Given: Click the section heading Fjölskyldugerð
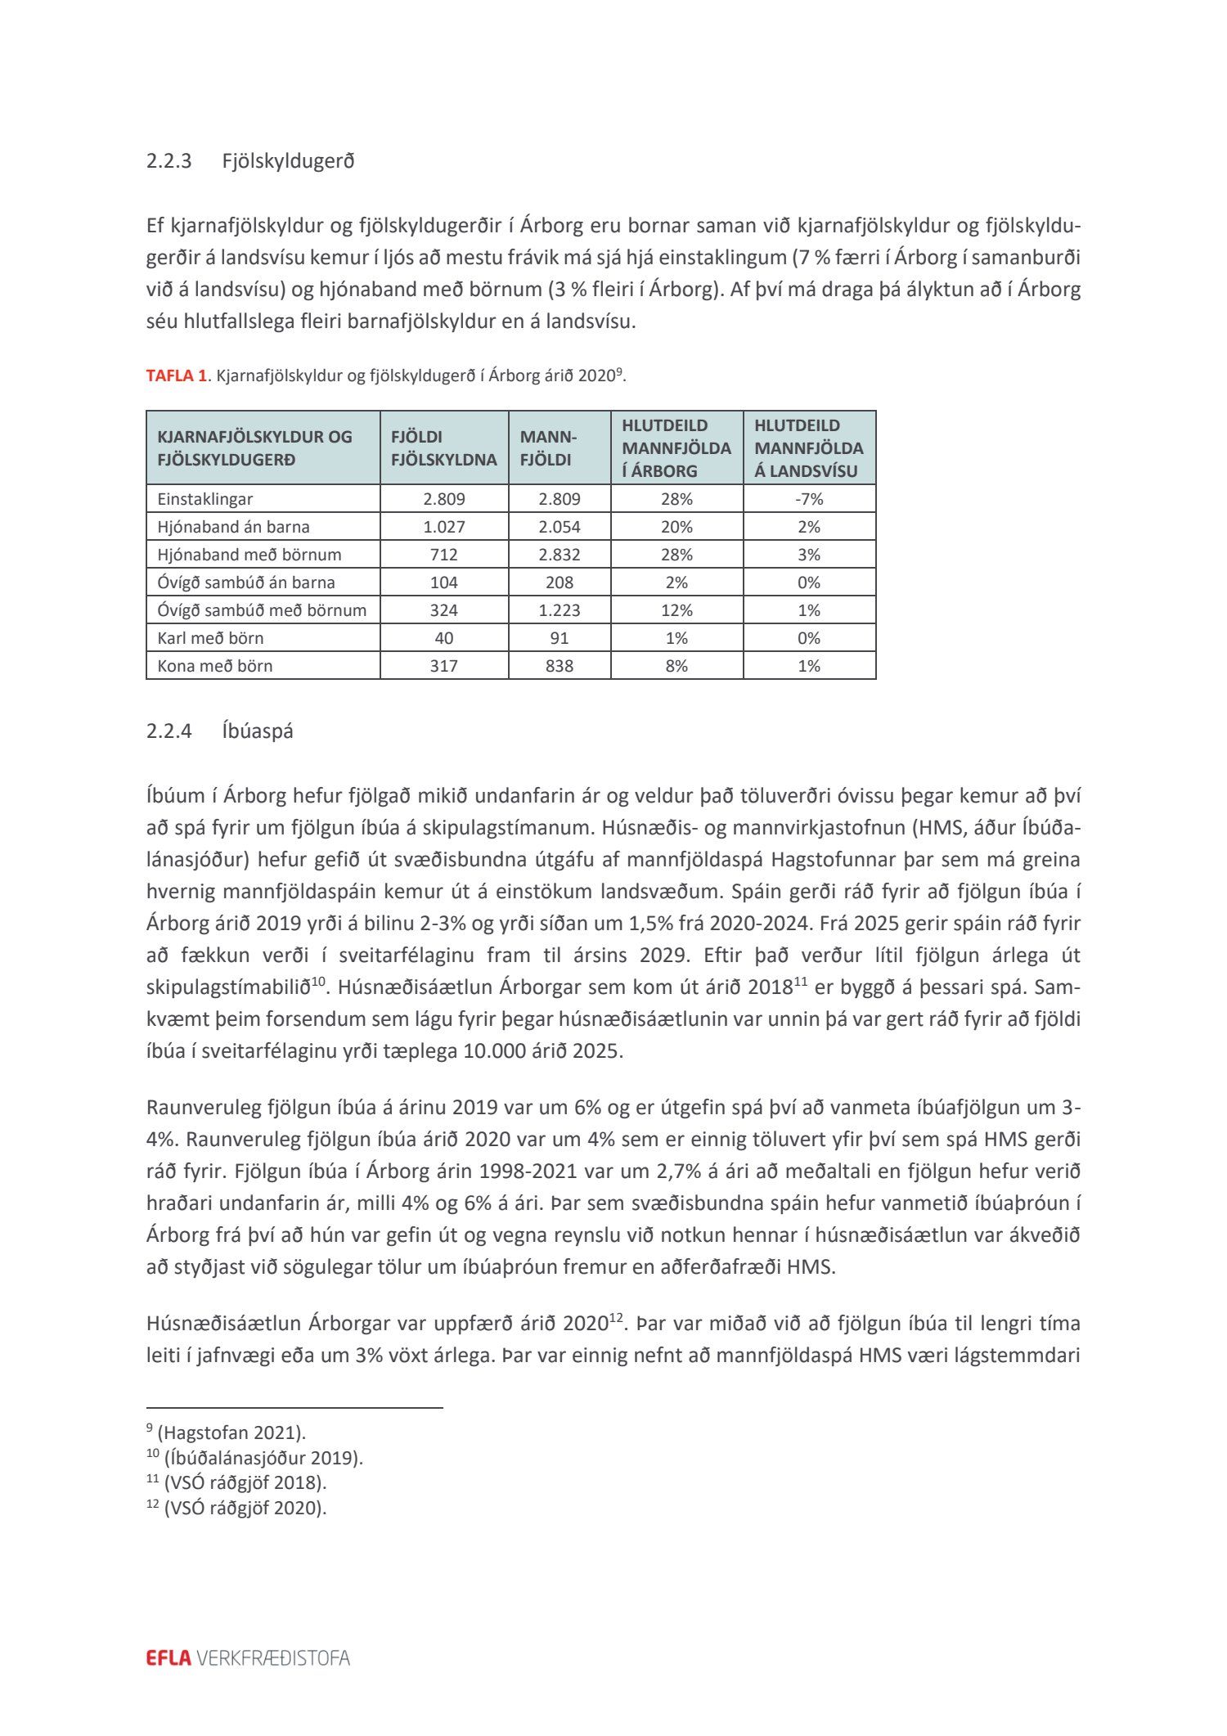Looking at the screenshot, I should (x=288, y=160).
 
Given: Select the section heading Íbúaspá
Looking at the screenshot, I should (x=257, y=731).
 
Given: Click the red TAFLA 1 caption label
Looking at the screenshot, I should (x=176, y=376).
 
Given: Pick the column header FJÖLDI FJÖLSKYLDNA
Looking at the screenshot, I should (x=443, y=448).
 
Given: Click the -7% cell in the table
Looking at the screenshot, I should (x=809, y=499).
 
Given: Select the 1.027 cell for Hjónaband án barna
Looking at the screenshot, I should (x=444, y=527).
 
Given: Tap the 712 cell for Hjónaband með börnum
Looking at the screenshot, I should (x=444, y=555).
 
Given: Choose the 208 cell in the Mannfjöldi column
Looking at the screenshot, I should (x=560, y=582).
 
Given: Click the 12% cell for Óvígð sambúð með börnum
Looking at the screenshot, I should (x=676, y=610).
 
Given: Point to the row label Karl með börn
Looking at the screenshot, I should (x=210, y=638).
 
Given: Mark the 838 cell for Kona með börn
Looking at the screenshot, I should (x=560, y=666).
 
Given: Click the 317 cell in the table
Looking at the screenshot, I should (x=444, y=666).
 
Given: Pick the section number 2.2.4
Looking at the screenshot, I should (x=169, y=731).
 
